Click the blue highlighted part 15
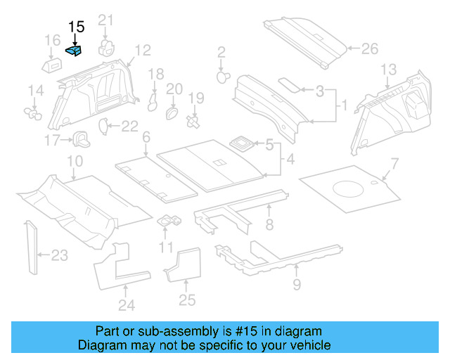(x=75, y=50)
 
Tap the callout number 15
(x=76, y=27)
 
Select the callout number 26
(x=369, y=49)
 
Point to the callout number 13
(x=388, y=69)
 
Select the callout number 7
(x=394, y=165)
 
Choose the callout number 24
(x=126, y=304)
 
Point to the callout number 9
(x=296, y=284)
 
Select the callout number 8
(x=269, y=224)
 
